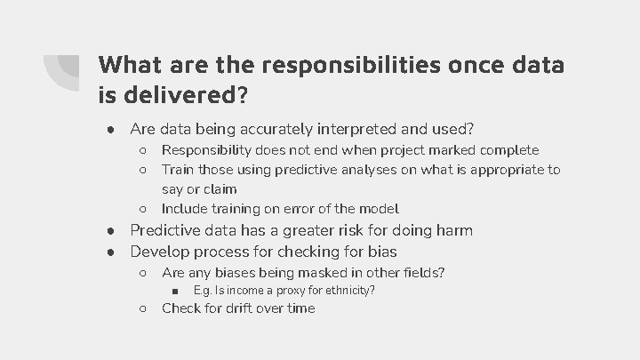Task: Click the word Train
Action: tap(179, 169)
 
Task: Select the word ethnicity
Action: tap(347, 291)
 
